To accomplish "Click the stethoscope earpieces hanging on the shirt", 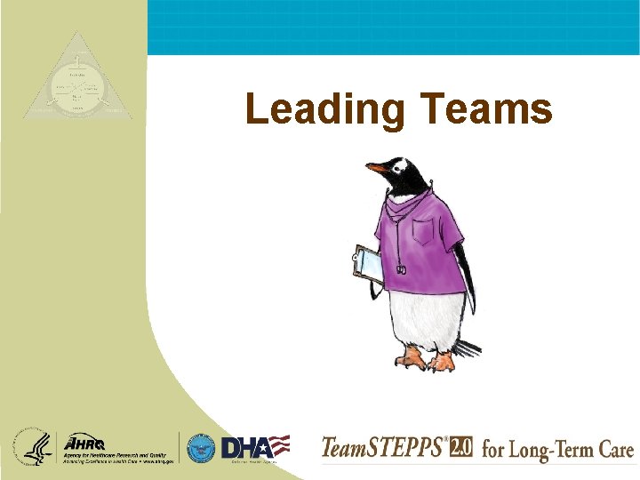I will tap(401, 268).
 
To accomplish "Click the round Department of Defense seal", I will tap(201, 447).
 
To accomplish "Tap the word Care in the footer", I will tap(613, 449).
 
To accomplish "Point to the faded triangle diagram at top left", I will tap(76, 81).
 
